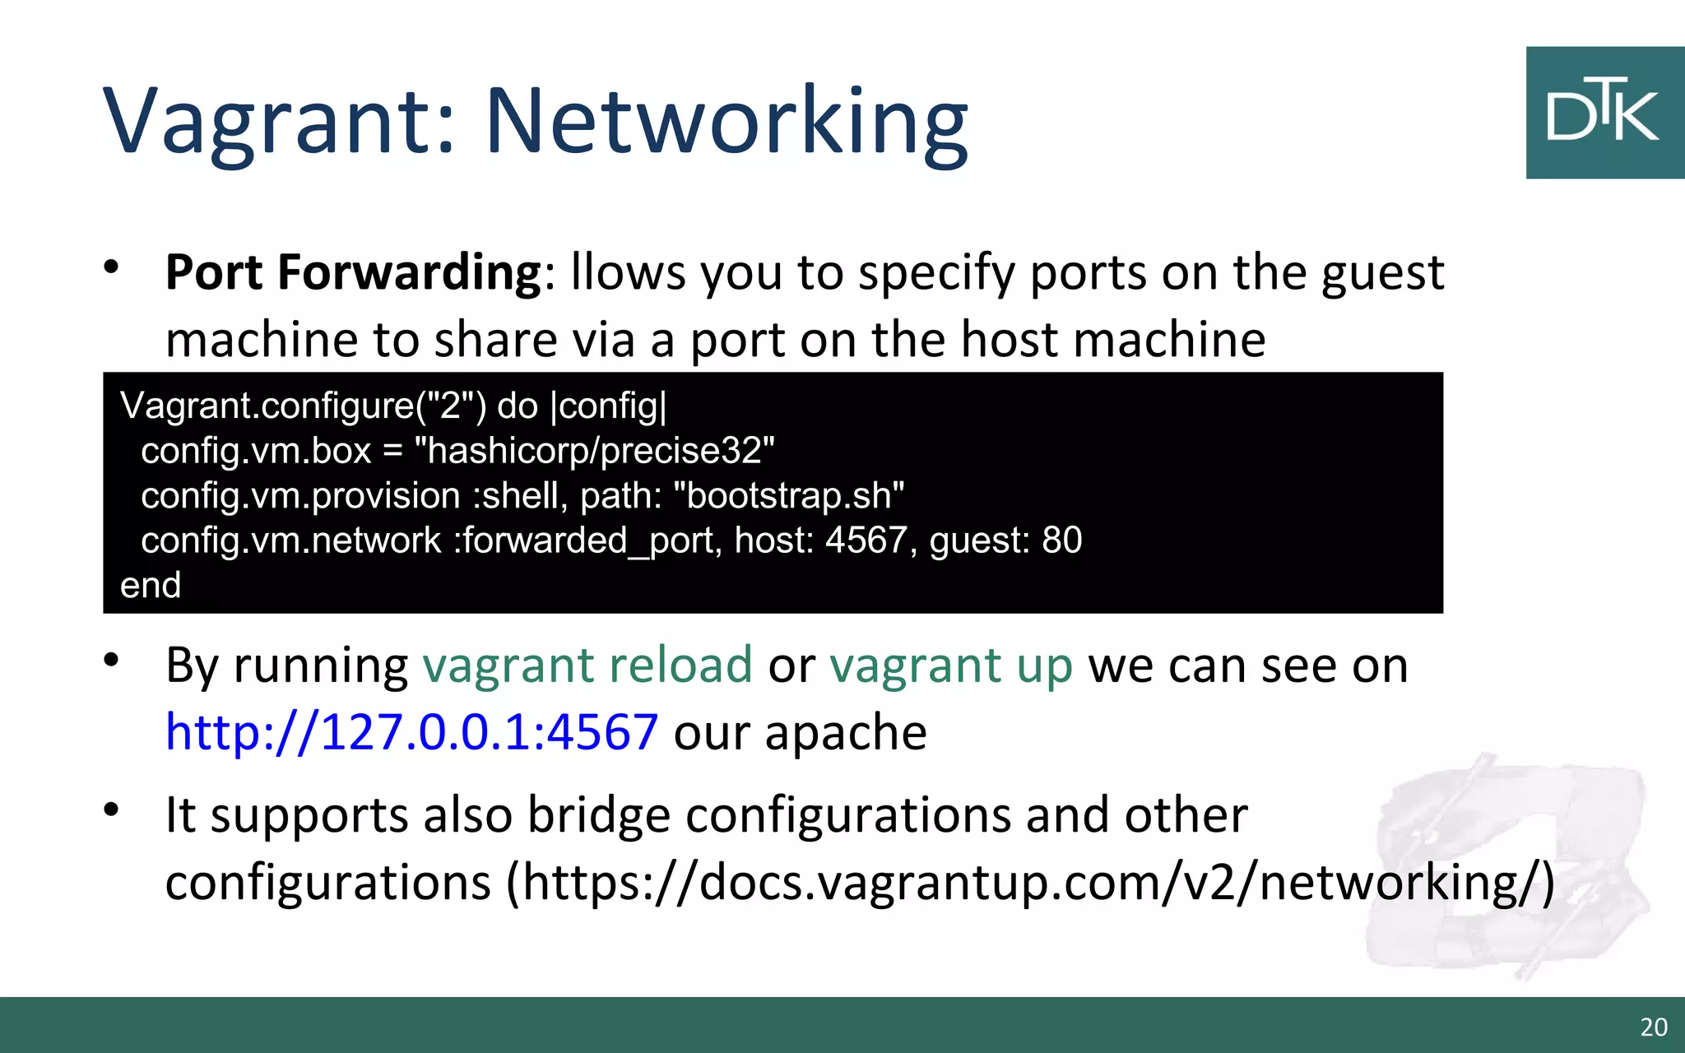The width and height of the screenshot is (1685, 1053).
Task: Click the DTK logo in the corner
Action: click(x=1604, y=113)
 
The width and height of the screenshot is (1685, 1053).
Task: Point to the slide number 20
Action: click(x=1654, y=1027)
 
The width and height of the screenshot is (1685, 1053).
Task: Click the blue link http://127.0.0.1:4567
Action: click(x=411, y=731)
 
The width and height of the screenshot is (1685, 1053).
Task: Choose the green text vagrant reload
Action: click(x=587, y=665)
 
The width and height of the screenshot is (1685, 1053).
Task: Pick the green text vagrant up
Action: click(x=951, y=665)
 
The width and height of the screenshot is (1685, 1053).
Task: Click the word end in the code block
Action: click(x=151, y=585)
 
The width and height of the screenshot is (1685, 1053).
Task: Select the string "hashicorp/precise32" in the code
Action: click(x=595, y=451)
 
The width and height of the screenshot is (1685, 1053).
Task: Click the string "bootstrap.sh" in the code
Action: click(x=789, y=495)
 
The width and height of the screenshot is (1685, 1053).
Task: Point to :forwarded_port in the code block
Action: click(x=587, y=540)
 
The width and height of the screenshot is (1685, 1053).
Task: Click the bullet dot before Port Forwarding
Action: click(x=112, y=267)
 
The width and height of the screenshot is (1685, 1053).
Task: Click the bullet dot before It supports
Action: click(x=112, y=809)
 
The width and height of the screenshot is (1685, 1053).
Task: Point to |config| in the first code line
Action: click(x=608, y=406)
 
